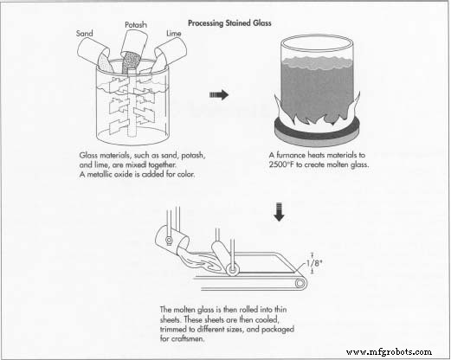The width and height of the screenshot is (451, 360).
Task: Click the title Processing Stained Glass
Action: [229, 23]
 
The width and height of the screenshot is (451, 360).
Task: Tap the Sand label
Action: [85, 34]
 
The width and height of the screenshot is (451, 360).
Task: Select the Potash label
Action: [136, 25]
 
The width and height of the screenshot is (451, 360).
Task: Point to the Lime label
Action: [174, 34]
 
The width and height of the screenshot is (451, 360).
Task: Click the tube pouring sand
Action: [93, 54]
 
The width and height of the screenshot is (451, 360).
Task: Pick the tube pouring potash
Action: [134, 45]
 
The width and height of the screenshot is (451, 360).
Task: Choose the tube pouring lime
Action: [171, 53]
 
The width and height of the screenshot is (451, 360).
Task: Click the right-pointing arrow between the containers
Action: [219, 94]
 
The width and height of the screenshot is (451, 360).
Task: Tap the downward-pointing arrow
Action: [279, 212]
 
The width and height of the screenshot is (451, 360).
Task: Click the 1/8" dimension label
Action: [314, 263]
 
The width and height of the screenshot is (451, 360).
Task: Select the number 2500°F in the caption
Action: [282, 164]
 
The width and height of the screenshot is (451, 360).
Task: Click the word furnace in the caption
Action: [291, 155]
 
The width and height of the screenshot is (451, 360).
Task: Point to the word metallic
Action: [100, 174]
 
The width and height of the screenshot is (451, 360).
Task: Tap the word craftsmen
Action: [188, 338]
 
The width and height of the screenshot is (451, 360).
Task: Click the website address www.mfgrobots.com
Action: [389, 352]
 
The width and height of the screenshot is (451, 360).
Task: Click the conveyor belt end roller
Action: [300, 283]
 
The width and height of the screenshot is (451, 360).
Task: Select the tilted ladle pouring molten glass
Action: [171, 240]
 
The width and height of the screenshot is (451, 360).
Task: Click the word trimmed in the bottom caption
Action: [173, 329]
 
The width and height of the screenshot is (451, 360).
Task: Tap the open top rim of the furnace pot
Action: [317, 44]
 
